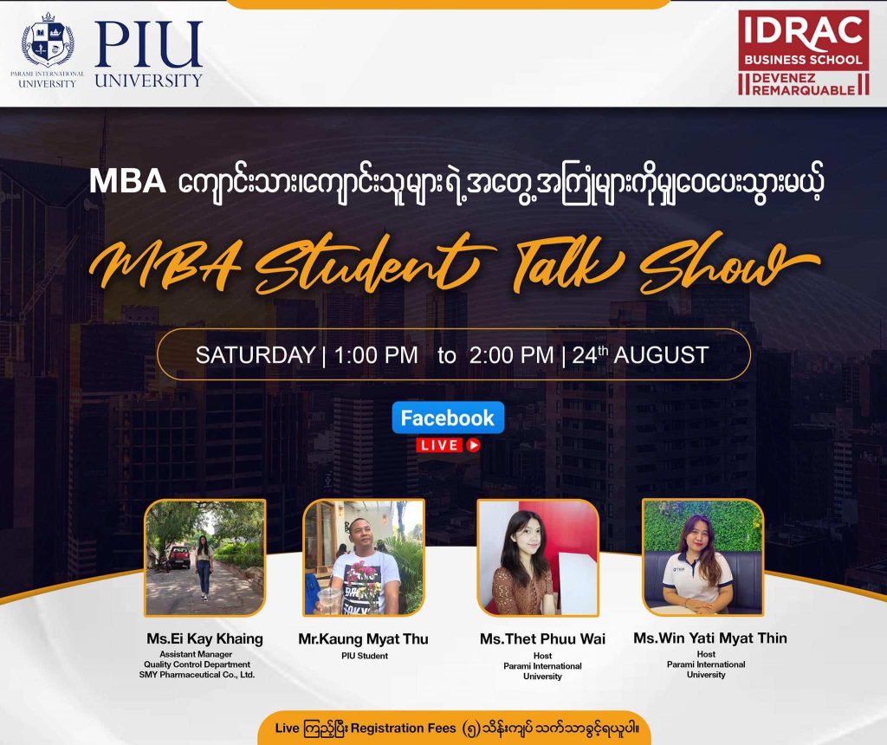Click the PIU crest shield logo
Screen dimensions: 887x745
(48, 40)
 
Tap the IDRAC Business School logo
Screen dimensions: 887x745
(803, 53)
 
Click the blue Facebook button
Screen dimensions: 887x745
(448, 418)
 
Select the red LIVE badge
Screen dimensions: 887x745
(448, 445)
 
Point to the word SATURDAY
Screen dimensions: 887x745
(256, 355)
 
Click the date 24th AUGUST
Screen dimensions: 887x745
(640, 355)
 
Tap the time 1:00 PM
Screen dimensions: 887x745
(376, 355)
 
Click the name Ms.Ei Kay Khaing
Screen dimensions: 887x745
(204, 638)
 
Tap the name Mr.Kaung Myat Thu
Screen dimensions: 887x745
(363, 639)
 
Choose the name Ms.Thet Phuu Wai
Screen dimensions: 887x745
(542, 639)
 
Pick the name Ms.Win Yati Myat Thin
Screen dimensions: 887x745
(710, 638)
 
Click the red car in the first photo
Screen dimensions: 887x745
(180, 556)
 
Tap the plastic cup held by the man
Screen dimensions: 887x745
(329, 600)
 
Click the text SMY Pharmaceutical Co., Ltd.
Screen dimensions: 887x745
(197, 674)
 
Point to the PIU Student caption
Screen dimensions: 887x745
(365, 656)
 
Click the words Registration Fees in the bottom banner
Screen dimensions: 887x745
(403, 728)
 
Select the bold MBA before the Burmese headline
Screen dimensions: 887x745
(127, 182)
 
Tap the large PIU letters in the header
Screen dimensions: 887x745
(148, 45)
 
